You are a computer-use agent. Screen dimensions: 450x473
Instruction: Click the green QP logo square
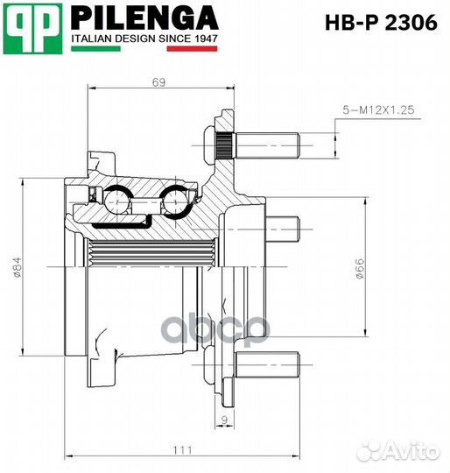tap(32, 29)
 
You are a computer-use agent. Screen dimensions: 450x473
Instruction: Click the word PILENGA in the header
tap(144, 18)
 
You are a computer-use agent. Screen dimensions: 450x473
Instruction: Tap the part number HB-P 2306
tap(381, 23)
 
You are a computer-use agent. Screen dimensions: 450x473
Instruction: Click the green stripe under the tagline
tap(95, 49)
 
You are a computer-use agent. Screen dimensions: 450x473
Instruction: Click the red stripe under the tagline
tap(192, 49)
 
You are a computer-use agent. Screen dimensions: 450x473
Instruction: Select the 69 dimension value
tap(158, 82)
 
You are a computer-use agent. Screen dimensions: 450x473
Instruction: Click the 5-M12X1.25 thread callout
tap(378, 110)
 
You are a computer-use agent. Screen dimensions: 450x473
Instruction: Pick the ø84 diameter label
tap(18, 267)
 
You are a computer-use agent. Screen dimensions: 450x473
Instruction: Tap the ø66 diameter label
tap(359, 269)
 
